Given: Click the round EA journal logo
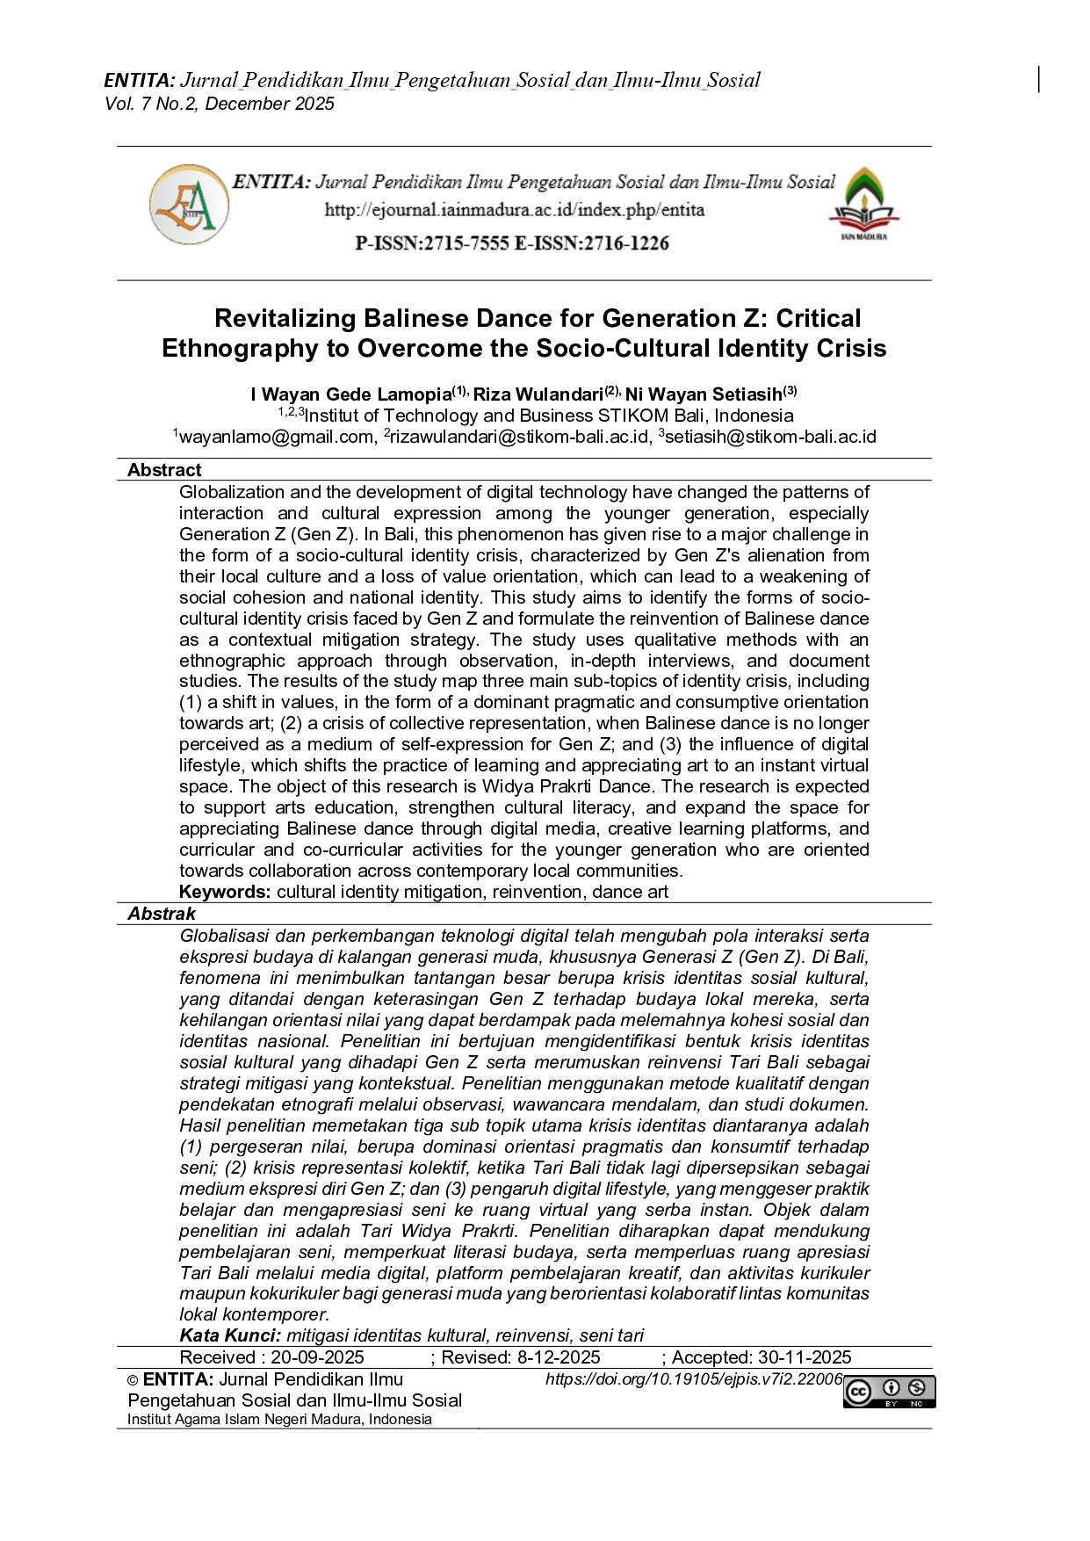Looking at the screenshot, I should click(189, 206).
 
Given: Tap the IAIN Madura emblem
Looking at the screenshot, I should click(863, 205).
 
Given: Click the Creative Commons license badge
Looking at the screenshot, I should click(889, 1392).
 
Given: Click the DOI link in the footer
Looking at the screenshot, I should click(693, 1379).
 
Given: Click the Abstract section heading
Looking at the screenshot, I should click(164, 470).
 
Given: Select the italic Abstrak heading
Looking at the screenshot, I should click(162, 914).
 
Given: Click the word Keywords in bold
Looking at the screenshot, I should click(225, 893).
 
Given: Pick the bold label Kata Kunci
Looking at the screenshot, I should click(230, 1335).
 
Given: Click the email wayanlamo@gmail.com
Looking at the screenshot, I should click(277, 437).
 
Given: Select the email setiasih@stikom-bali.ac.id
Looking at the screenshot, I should click(770, 437).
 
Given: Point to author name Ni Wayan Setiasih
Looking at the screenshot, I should click(704, 394).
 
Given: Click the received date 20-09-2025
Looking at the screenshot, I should click(317, 1357).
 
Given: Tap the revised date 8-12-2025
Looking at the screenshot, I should click(559, 1357).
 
